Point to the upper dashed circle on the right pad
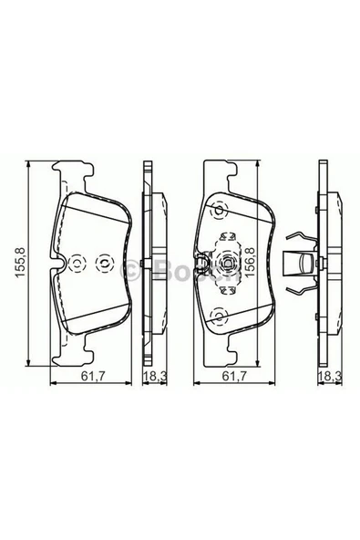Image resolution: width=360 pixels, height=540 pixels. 218,211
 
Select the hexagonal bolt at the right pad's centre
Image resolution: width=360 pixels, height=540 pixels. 221,265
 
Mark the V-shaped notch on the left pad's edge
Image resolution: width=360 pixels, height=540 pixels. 57,265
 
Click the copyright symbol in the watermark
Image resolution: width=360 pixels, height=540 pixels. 130,268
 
